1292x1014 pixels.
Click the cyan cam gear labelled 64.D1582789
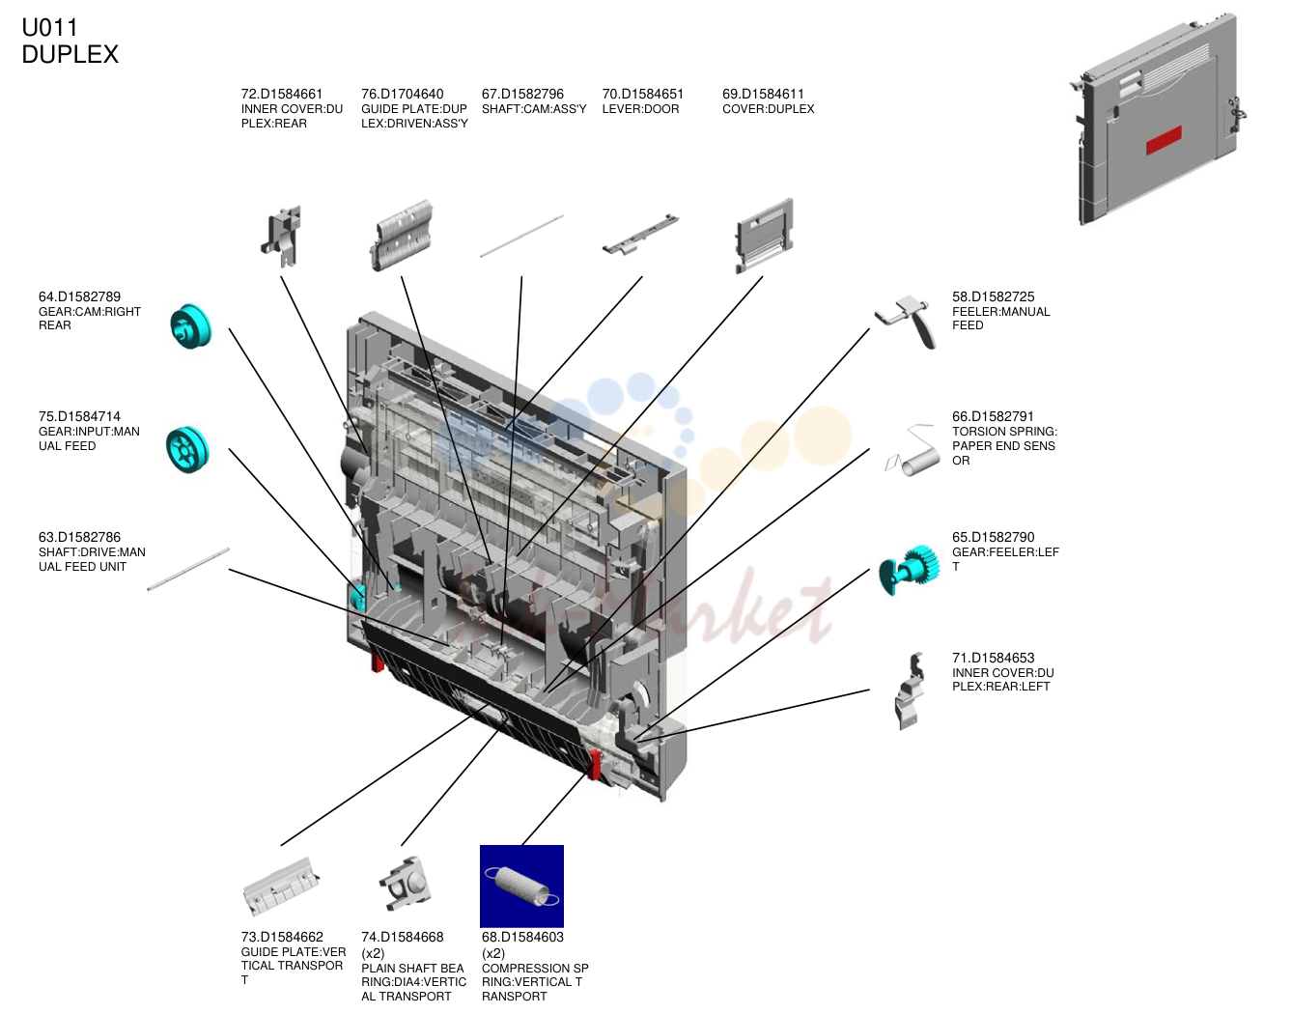[x=190, y=326]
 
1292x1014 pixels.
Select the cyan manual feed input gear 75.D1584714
[x=188, y=449]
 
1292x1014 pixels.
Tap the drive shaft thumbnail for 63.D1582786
[x=188, y=570]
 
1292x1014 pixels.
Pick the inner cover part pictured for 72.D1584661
[x=281, y=237]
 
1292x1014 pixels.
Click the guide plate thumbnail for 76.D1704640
[x=402, y=236]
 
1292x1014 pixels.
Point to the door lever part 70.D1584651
[x=640, y=234]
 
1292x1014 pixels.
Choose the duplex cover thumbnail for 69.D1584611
[x=764, y=236]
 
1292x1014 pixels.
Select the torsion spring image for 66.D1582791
[x=913, y=451]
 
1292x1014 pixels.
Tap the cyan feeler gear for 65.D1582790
[x=908, y=570]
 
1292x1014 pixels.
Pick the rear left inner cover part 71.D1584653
[x=910, y=690]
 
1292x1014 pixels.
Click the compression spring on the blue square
[x=521, y=887]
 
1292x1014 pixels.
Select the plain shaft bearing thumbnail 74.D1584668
[x=405, y=884]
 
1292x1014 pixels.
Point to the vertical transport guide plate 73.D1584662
[x=280, y=885]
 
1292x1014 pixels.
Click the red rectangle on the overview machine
[x=1164, y=140]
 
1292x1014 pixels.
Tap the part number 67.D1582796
[x=522, y=94]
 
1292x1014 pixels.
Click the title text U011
[x=49, y=27]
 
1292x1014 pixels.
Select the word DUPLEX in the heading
[x=70, y=54]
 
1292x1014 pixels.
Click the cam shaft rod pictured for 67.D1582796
[x=521, y=236]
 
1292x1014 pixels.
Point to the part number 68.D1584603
[x=522, y=937]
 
